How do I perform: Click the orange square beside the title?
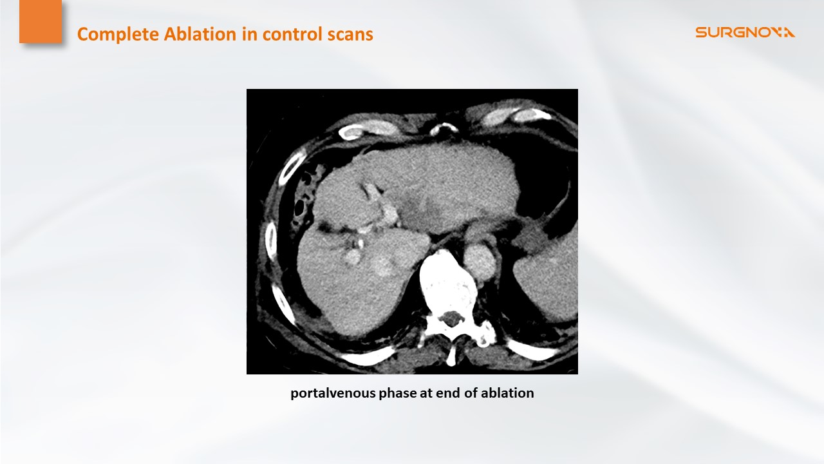click(41, 21)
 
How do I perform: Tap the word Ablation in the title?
click(200, 34)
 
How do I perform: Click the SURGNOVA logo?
click(745, 32)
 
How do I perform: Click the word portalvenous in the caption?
click(333, 393)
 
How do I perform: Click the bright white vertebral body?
click(448, 280)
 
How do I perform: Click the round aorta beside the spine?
click(480, 262)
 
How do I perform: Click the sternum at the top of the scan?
click(444, 129)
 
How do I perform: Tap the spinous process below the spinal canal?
click(451, 353)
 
